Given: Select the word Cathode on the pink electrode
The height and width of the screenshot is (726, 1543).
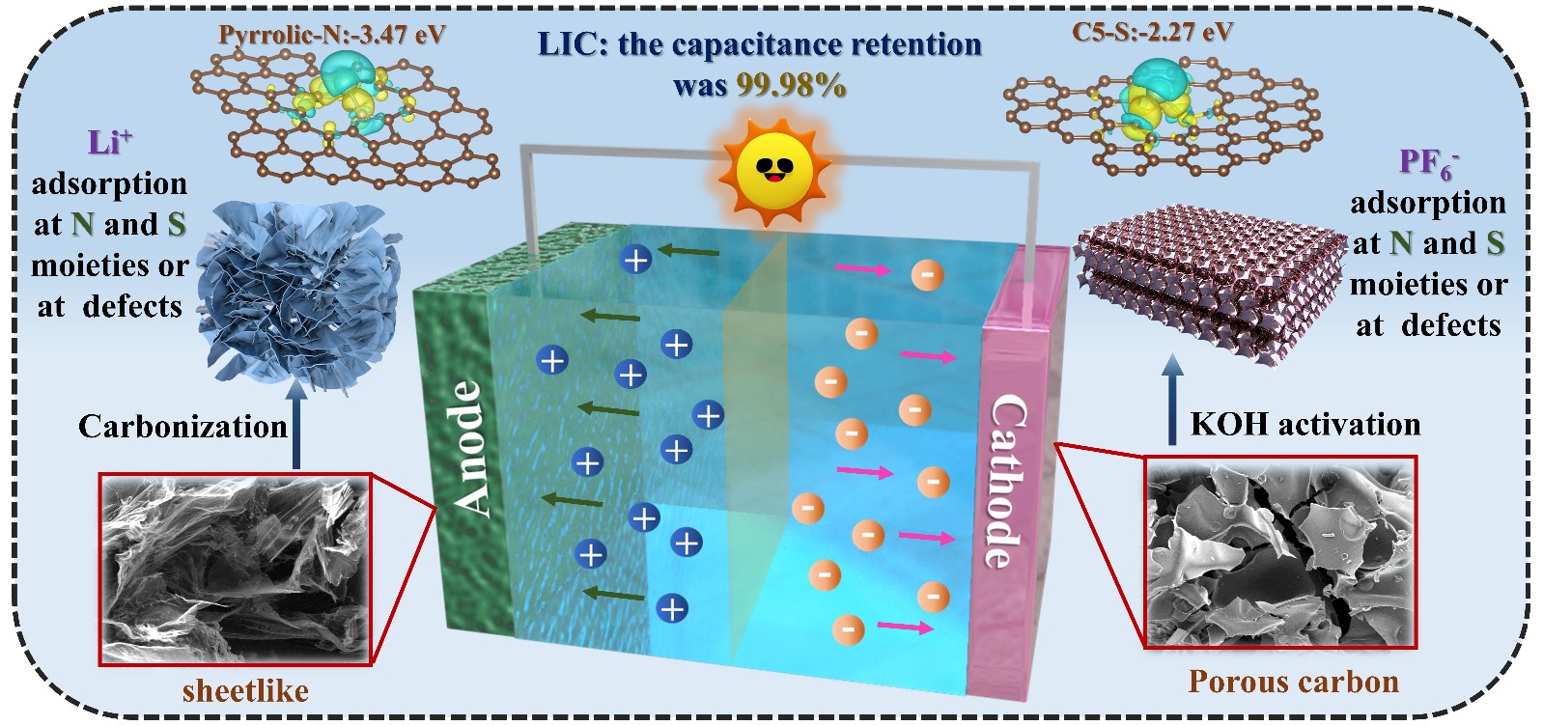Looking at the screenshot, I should pos(1005,480).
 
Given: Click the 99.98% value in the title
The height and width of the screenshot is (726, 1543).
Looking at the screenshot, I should pos(791,85).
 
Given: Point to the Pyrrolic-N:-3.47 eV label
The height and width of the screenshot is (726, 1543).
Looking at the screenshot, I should pos(332,35).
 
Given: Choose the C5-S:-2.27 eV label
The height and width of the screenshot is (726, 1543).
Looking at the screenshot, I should pos(1152,32).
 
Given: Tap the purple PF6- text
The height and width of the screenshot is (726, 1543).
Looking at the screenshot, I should pos(1427,162).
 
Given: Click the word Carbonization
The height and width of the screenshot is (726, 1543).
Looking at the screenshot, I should pos(182,426).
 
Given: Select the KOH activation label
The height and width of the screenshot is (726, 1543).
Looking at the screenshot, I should pos(1305,424).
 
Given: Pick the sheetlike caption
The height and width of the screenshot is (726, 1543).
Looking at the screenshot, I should pos(245,690).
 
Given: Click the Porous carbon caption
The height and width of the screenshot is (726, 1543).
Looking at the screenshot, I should pos(1293,682).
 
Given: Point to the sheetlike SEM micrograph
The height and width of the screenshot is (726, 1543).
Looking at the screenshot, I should pos(236,569).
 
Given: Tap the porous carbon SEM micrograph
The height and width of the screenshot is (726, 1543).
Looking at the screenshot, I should pos(1279,552).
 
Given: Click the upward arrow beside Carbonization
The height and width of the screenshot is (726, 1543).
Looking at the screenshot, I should pos(296,425).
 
